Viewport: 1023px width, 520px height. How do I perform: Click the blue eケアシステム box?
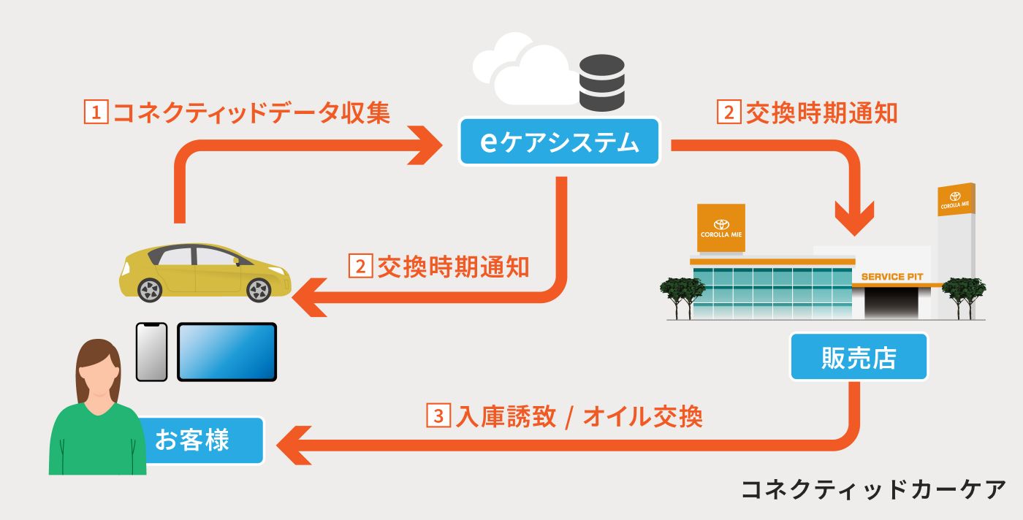tap(560, 142)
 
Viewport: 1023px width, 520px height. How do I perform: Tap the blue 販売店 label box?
tap(858, 357)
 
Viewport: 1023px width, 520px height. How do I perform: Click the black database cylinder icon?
tap(601, 82)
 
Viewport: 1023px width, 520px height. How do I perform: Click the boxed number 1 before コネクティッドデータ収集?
tap(96, 113)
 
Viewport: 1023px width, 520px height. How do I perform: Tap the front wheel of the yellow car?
tap(259, 290)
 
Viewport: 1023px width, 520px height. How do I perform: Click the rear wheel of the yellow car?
tap(150, 290)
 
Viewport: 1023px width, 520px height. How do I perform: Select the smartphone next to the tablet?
tap(152, 352)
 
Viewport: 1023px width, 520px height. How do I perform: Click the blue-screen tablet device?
tap(227, 352)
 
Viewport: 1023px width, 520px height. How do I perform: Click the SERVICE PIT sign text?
tap(891, 277)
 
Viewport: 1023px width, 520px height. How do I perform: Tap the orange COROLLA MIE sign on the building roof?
tap(721, 228)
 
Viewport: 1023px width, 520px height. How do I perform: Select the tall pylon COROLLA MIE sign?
tap(954, 200)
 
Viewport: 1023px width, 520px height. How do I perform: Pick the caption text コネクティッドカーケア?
tap(874, 489)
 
